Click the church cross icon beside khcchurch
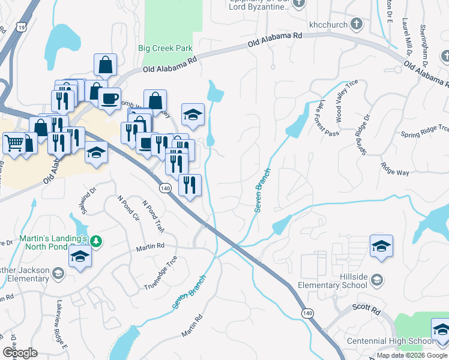[x=357, y=25]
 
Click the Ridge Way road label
[x=394, y=169]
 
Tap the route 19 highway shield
[x=22, y=27]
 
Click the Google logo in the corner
[x=20, y=353]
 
